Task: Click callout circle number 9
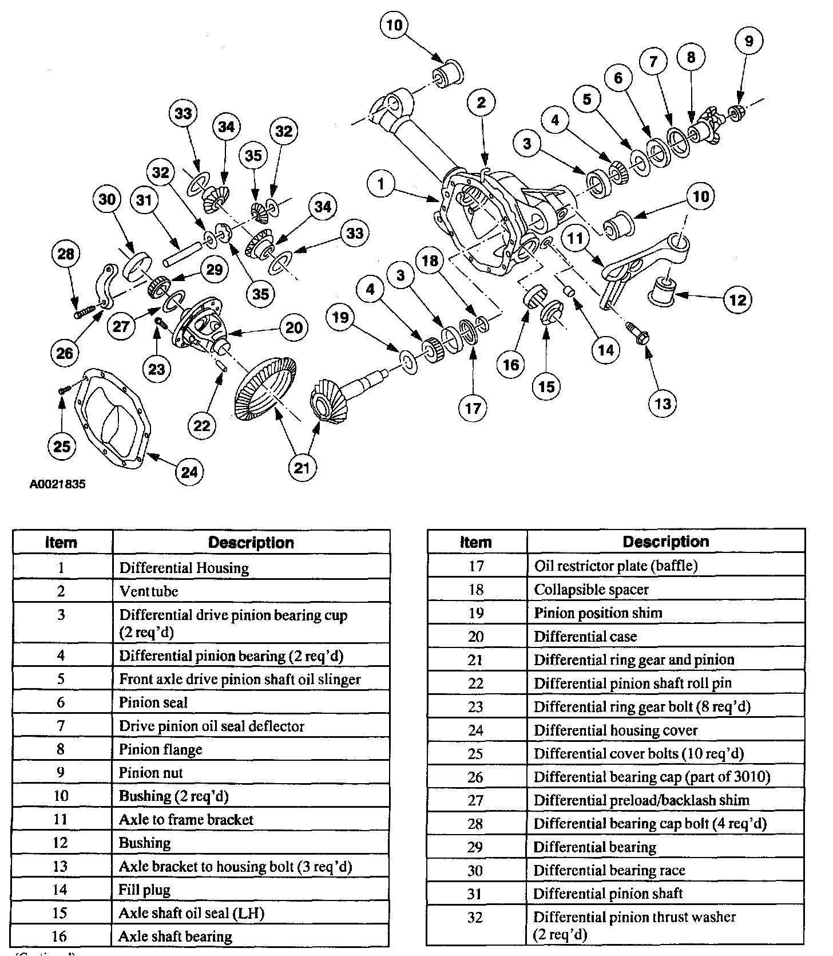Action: tap(749, 41)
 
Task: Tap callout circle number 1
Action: tap(382, 184)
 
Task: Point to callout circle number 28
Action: tap(66, 254)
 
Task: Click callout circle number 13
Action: tap(662, 404)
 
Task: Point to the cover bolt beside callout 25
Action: tap(64, 389)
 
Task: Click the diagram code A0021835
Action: tap(57, 484)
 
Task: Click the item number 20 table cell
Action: tap(476, 637)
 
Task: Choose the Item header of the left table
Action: tap(62, 543)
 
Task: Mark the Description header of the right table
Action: tap(665, 542)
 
